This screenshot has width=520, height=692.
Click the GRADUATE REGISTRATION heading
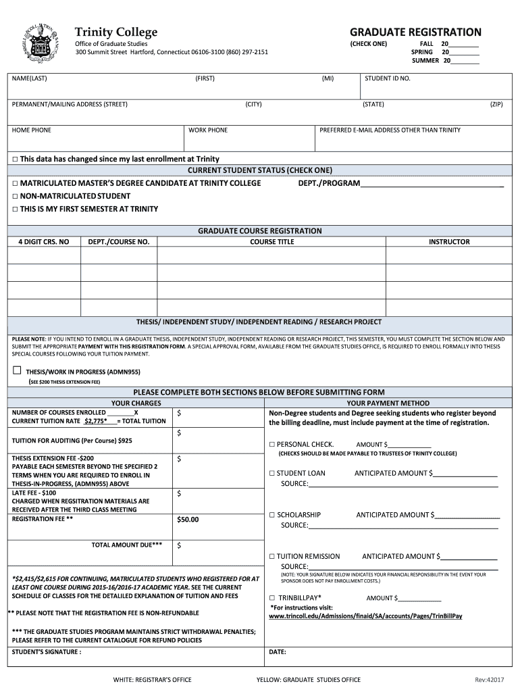click(x=415, y=32)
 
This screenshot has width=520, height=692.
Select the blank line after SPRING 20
click(x=465, y=52)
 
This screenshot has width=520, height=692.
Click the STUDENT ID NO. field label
click(x=388, y=78)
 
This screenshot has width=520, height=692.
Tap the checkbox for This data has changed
click(x=14, y=159)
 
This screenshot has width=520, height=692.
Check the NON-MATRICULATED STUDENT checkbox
click(x=14, y=196)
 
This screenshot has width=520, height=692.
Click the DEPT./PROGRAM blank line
click(x=432, y=184)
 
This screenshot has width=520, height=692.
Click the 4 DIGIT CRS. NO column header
click(x=43, y=241)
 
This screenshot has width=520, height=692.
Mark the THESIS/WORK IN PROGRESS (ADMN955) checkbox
click(x=17, y=370)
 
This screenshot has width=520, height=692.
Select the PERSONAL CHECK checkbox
click(x=272, y=444)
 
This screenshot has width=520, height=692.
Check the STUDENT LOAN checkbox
click(x=272, y=473)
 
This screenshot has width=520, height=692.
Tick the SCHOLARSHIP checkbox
click(x=272, y=515)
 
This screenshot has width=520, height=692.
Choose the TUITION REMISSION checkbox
click(x=272, y=556)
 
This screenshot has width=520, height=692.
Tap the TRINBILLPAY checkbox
click(x=272, y=598)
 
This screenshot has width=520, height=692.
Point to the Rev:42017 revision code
click(x=490, y=679)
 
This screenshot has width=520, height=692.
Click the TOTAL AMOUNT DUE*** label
click(x=127, y=544)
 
